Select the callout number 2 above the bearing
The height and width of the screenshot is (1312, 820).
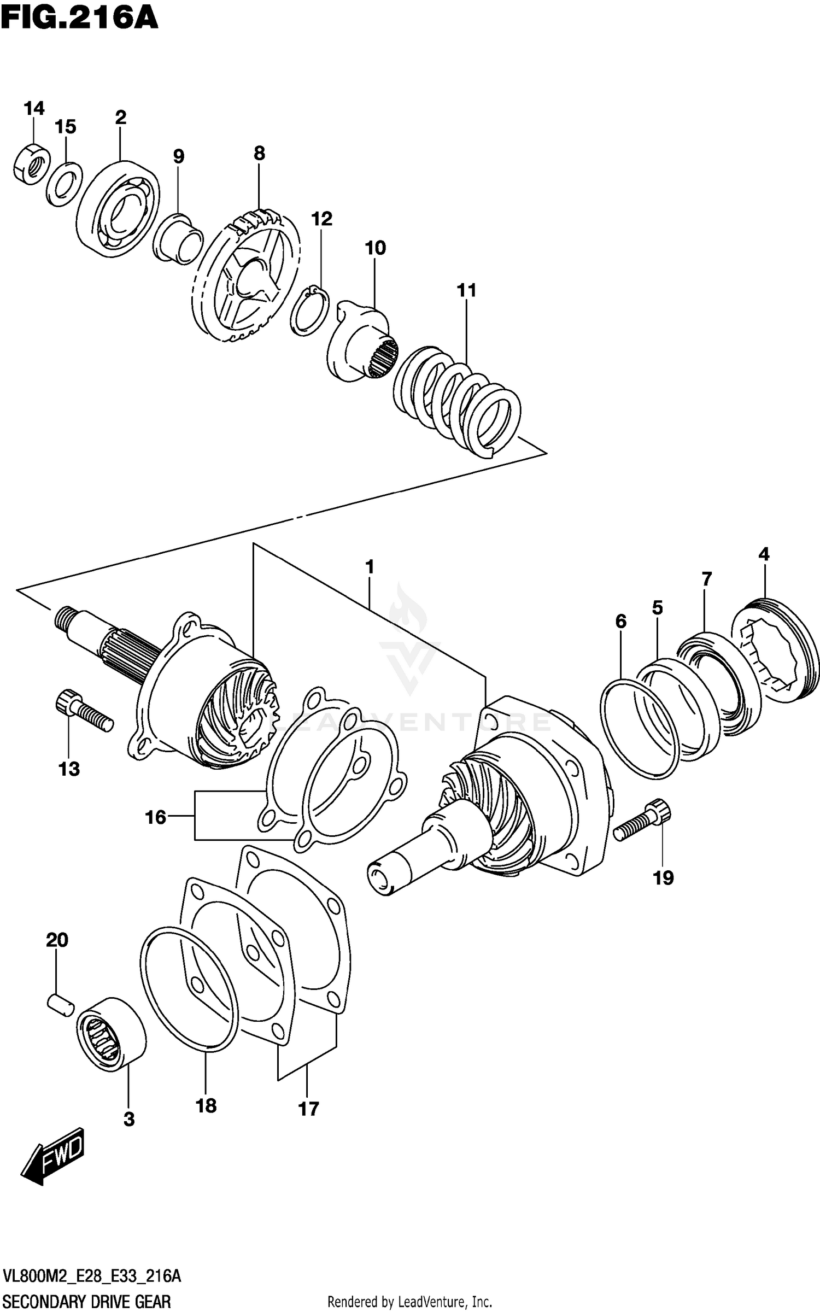pos(121,117)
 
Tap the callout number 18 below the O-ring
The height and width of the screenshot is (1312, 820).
pos(206,1105)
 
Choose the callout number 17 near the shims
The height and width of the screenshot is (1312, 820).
pos(308,1109)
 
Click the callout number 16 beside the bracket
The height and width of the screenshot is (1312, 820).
pos(155,817)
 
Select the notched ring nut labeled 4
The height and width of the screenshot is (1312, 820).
pos(775,650)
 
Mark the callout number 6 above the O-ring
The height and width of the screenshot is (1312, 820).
pos(620,621)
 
